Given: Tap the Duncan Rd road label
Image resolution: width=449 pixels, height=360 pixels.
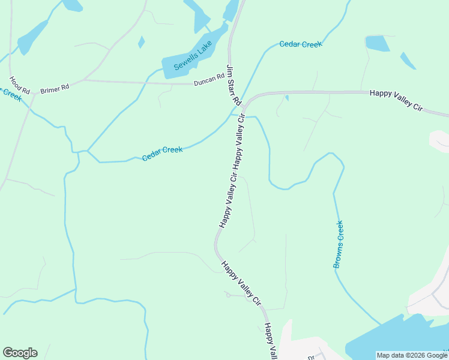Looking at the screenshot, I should pos(209,80).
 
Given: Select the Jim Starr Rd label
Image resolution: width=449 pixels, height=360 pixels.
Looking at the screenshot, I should pos(233,85).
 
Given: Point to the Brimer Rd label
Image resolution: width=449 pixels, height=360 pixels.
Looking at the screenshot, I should pos(55,89).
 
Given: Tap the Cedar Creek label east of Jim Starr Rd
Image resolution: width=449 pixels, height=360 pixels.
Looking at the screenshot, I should pos(301,44).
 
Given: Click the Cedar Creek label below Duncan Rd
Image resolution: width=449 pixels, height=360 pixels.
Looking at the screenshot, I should pos(162,154).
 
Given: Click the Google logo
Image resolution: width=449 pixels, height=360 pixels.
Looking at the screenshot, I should pos(20,353).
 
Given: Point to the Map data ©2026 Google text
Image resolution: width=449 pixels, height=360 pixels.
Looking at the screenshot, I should pos(412,355).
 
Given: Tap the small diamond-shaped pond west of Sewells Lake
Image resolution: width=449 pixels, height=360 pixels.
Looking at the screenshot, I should pos(141,42).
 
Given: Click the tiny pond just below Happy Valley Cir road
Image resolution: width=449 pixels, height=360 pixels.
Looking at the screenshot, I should pos(287,98).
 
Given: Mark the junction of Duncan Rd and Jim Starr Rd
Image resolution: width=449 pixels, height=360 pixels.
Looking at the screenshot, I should pos(230,84).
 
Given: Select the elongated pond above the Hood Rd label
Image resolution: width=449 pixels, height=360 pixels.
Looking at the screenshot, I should pos(32,37).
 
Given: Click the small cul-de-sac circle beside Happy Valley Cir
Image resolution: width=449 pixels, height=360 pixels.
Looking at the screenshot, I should pos(228,294).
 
